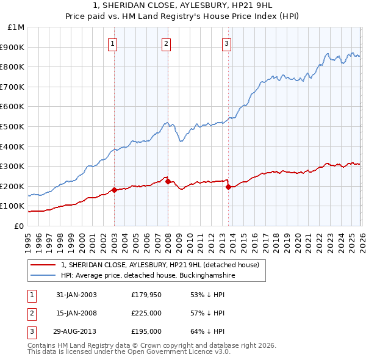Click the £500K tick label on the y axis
click(13, 126)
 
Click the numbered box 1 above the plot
click(114, 43)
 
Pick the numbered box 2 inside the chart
click(166, 43)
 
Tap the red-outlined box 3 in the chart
click(226, 43)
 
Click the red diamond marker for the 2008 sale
click(168, 181)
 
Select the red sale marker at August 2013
click(228, 187)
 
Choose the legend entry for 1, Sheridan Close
click(160, 265)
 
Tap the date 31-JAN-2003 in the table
click(76, 295)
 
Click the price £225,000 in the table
click(146, 313)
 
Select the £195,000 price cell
click(146, 331)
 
